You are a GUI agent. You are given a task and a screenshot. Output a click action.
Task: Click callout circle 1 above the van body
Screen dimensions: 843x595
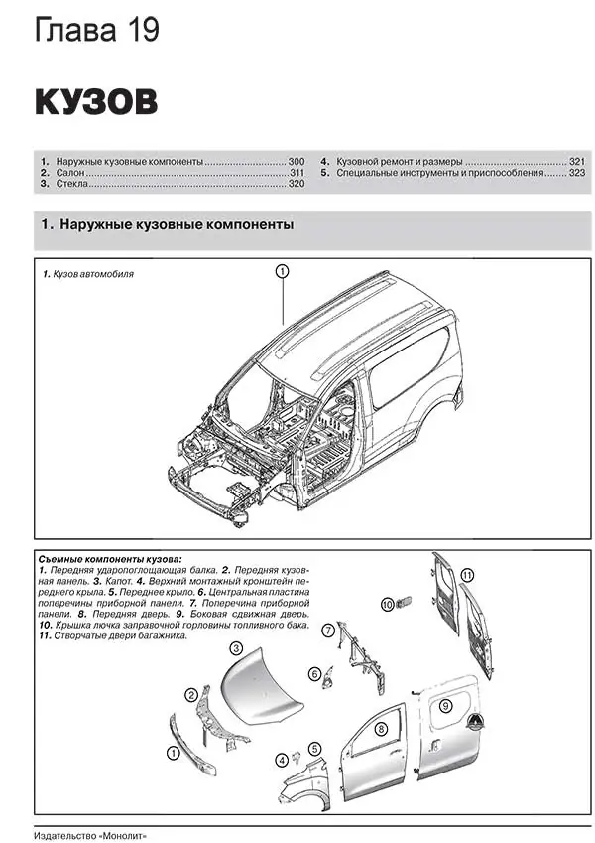click(x=282, y=270)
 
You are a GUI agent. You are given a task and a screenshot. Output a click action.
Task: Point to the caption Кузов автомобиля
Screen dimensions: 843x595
click(x=93, y=273)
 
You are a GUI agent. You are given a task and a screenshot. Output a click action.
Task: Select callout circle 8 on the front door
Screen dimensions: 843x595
click(x=380, y=730)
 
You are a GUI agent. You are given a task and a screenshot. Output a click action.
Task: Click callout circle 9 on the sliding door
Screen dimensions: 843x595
click(x=446, y=704)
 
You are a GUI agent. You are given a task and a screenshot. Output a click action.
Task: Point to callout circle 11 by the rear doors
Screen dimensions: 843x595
click(x=468, y=574)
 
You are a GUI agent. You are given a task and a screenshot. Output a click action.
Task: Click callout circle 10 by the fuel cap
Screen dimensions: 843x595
click(x=388, y=603)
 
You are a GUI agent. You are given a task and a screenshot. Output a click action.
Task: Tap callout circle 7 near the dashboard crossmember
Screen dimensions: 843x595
click(x=327, y=630)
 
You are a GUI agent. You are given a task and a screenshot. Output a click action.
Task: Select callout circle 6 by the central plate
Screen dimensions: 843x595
click(x=314, y=673)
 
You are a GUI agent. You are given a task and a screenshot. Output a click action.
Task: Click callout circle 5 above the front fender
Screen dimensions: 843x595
click(x=313, y=749)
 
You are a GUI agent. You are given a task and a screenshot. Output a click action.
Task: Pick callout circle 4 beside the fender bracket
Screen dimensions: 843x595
click(x=282, y=760)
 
